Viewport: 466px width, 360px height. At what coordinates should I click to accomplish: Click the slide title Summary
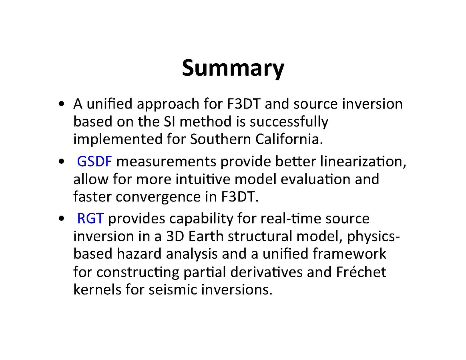pyautogui.click(x=233, y=68)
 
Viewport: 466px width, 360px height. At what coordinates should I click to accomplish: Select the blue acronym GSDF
pyautogui.click(x=94, y=161)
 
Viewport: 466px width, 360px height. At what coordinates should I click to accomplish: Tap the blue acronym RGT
pyautogui.click(x=90, y=219)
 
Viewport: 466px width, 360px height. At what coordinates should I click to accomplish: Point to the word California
pyautogui.click(x=289, y=139)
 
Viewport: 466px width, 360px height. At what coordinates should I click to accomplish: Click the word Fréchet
pyautogui.click(x=361, y=272)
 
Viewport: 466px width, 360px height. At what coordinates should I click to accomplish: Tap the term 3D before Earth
pyautogui.click(x=175, y=236)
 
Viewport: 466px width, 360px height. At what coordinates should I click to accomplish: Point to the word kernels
pyautogui.click(x=97, y=289)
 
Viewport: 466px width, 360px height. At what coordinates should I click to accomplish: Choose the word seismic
pyautogui.click(x=173, y=289)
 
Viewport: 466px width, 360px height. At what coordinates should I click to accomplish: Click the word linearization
pyautogui.click(x=363, y=161)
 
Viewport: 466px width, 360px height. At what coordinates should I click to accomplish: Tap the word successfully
pyautogui.click(x=289, y=122)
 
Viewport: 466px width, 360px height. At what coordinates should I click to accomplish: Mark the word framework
pyautogui.click(x=349, y=254)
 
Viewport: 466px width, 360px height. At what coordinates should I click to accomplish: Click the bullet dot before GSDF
pyautogui.click(x=62, y=161)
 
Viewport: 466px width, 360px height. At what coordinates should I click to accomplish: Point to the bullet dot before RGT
pyautogui.click(x=62, y=219)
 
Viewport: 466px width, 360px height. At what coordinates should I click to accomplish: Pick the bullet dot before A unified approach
pyautogui.click(x=62, y=104)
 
